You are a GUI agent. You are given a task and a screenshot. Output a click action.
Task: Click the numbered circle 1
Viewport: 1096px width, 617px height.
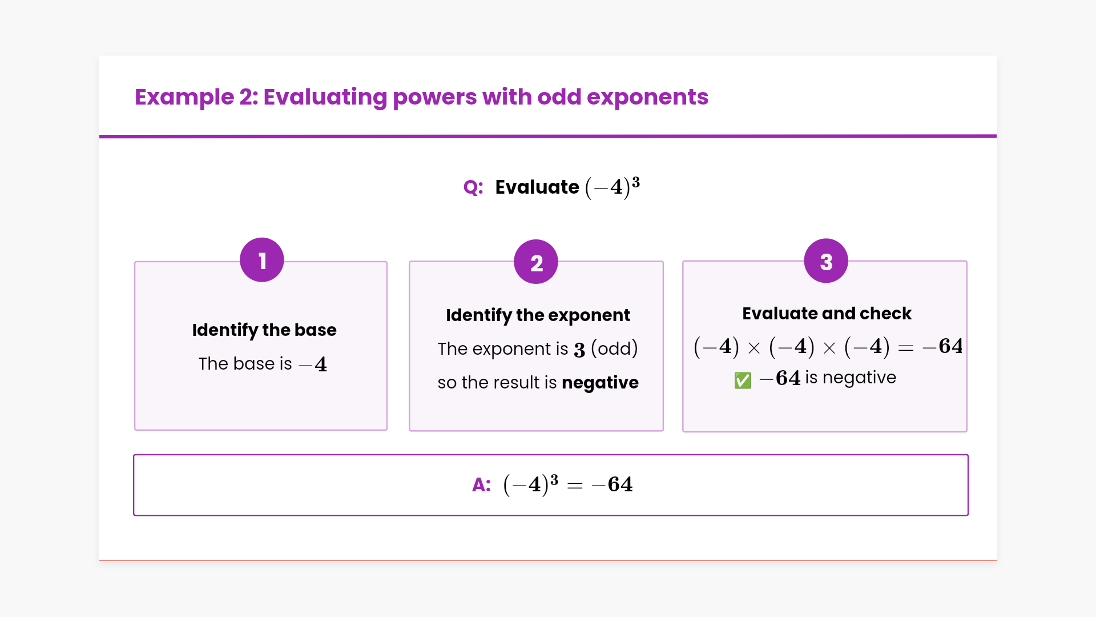[x=262, y=260]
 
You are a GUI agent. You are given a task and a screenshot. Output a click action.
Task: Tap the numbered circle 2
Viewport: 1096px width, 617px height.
[x=536, y=262]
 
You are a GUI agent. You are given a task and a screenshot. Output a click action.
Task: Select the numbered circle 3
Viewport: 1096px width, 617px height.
[x=826, y=261]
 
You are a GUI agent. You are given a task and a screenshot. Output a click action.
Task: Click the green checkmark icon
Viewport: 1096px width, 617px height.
[x=743, y=380]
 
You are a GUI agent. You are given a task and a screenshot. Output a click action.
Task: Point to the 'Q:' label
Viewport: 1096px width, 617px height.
[x=473, y=187]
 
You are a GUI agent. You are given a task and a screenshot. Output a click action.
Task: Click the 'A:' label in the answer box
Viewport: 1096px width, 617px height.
[x=481, y=485]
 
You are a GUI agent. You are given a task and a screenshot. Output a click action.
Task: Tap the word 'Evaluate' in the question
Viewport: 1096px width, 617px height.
[x=537, y=187]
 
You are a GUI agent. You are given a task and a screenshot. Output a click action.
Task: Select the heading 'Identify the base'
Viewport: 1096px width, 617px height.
[x=264, y=330]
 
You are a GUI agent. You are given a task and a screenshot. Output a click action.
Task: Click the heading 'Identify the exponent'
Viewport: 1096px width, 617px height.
[x=538, y=315]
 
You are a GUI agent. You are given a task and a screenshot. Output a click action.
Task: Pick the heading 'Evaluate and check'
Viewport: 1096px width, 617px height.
[x=827, y=314]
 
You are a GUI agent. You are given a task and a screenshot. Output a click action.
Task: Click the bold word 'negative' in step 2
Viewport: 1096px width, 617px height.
[x=600, y=383]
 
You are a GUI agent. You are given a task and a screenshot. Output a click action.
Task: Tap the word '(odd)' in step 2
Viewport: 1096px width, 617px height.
[x=614, y=348]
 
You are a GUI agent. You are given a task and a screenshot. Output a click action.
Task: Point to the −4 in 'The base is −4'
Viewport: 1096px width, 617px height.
[x=313, y=364]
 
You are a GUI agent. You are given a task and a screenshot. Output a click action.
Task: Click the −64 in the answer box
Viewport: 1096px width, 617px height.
[x=613, y=485]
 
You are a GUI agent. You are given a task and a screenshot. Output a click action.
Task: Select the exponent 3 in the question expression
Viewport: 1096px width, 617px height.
[x=636, y=182]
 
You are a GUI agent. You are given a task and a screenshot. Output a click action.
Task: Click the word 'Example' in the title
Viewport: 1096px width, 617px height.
[x=184, y=98]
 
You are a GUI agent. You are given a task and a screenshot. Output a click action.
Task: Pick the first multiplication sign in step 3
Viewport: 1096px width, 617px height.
[x=754, y=348]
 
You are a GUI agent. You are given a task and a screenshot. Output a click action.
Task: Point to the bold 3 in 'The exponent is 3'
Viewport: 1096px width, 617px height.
[x=579, y=350]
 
